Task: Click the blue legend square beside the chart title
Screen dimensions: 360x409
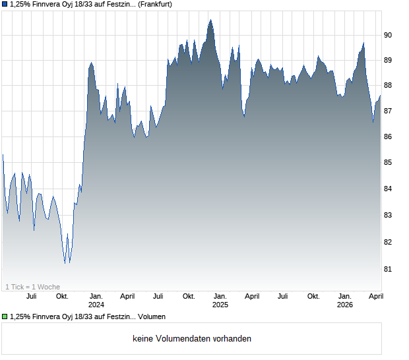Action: [x=5, y=5]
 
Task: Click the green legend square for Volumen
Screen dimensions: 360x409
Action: [x=5, y=317]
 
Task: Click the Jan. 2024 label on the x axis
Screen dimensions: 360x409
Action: [x=96, y=301]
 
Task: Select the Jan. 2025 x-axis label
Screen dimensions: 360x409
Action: [x=220, y=301]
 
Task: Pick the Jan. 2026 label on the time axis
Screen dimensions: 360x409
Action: [x=345, y=301]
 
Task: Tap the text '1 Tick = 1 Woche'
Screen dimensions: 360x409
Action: [x=32, y=287]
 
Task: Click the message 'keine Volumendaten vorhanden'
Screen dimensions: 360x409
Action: [x=192, y=339]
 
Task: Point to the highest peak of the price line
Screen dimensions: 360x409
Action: [x=210, y=20]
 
